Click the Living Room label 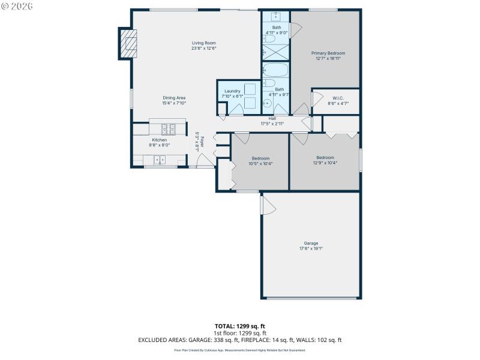click(203, 43)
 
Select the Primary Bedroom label click(328, 53)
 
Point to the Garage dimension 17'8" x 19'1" click(311, 248)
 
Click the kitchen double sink click(160, 160)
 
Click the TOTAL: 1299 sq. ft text click(239, 326)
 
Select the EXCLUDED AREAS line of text click(239, 340)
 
